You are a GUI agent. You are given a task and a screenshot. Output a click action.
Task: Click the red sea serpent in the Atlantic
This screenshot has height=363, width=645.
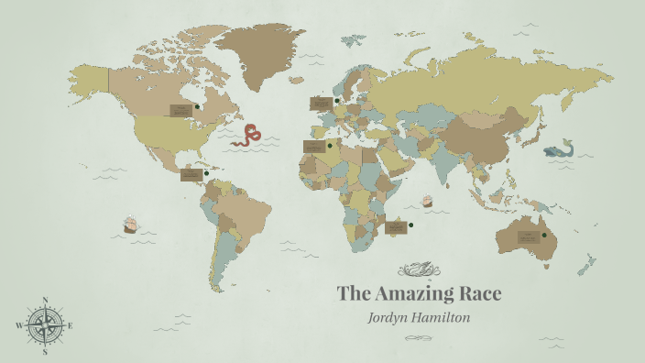(x=246, y=137)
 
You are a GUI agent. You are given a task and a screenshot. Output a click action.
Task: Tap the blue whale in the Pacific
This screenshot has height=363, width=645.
(x=557, y=149)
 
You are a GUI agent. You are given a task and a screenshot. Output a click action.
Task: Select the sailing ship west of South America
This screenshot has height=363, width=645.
(x=130, y=225)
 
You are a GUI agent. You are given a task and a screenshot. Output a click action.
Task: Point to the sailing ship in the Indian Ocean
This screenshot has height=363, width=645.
(x=426, y=200)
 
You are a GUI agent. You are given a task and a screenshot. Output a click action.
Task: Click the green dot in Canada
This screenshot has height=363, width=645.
(x=197, y=107)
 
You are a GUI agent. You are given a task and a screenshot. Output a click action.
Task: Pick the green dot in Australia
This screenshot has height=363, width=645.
(x=543, y=236)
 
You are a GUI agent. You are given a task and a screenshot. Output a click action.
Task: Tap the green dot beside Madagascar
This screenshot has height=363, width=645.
(x=410, y=225)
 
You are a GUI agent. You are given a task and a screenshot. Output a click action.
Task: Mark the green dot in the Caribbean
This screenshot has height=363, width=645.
(x=206, y=173)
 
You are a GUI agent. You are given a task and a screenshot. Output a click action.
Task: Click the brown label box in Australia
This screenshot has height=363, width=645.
(x=529, y=236)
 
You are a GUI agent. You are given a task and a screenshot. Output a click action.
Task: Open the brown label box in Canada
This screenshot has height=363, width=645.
(x=180, y=110)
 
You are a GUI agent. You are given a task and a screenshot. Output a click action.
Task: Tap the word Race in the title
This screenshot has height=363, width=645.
(x=481, y=293)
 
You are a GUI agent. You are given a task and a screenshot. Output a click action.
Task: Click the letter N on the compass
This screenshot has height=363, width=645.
(x=45, y=300)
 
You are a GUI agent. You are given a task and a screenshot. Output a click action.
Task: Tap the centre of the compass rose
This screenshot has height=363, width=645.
(x=45, y=325)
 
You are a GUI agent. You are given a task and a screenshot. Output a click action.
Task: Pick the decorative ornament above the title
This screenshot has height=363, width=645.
(x=418, y=269)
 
